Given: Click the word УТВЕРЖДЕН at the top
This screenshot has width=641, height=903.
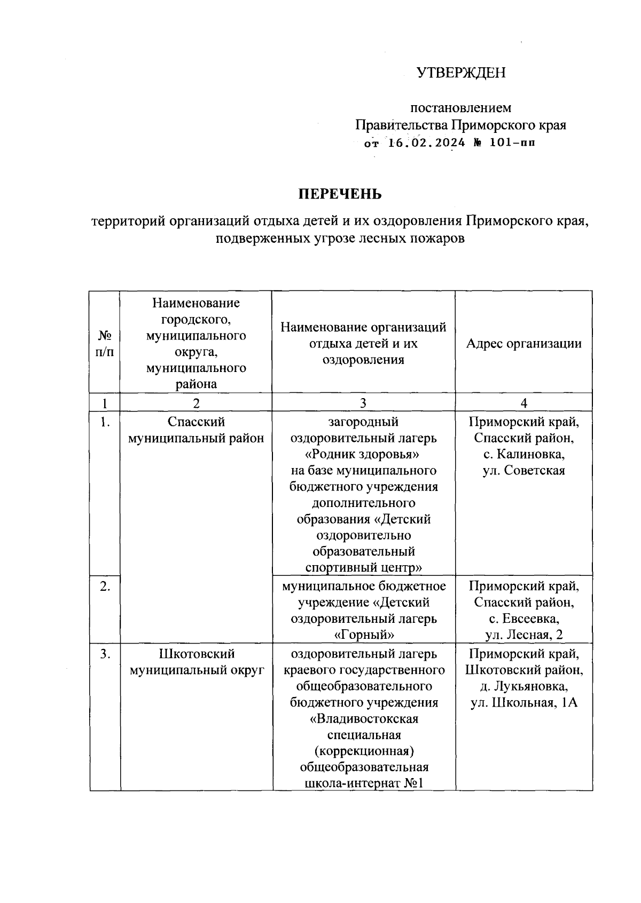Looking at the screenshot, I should point(461,73).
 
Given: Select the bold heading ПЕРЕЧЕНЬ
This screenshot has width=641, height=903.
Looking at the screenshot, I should point(340,194).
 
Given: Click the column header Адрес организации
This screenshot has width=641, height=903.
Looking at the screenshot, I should point(523,343).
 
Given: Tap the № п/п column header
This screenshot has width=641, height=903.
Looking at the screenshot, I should point(105,343).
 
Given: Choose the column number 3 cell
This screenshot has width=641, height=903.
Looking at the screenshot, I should point(363,403).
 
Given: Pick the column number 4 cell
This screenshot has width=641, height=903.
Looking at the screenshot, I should point(523,403).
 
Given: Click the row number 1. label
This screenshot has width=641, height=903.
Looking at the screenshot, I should point(105,422).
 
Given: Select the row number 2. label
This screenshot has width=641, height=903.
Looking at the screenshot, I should point(105,587).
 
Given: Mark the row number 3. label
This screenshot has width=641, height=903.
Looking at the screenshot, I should point(105,654).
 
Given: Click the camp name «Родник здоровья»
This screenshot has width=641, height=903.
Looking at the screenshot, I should point(363,455).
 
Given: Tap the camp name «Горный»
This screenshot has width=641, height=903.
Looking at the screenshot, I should point(363,635).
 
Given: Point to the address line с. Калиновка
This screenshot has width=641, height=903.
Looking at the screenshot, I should point(523,455).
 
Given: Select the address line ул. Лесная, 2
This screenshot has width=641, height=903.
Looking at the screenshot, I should point(523,635).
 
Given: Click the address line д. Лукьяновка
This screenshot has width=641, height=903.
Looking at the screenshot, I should point(523,686).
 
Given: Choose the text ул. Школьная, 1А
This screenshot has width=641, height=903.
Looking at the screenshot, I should point(523,703).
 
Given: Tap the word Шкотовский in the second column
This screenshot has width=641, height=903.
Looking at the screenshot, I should point(197,654).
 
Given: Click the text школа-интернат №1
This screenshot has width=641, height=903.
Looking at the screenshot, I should point(363,784).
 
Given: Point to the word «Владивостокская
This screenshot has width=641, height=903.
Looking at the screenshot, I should point(363,719).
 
